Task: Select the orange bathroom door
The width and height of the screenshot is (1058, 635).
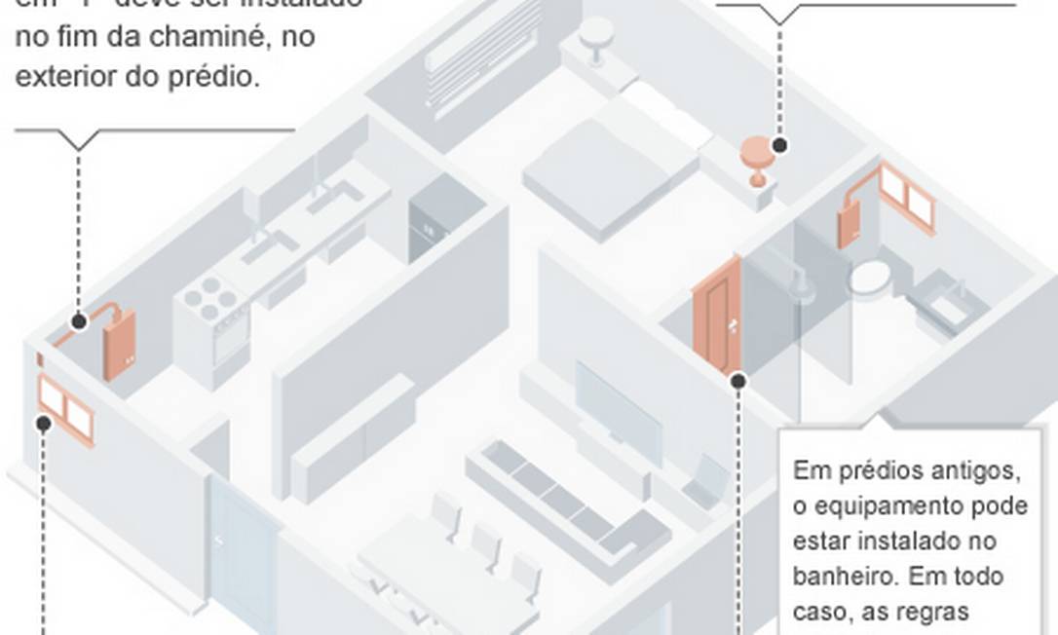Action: [x=717, y=314]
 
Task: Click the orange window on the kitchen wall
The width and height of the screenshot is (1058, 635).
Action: [x=65, y=408]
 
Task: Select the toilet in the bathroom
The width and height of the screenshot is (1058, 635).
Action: [x=869, y=279]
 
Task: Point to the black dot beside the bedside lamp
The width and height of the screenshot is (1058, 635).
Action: [x=779, y=145]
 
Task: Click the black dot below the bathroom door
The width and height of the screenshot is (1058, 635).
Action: [x=737, y=382]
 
